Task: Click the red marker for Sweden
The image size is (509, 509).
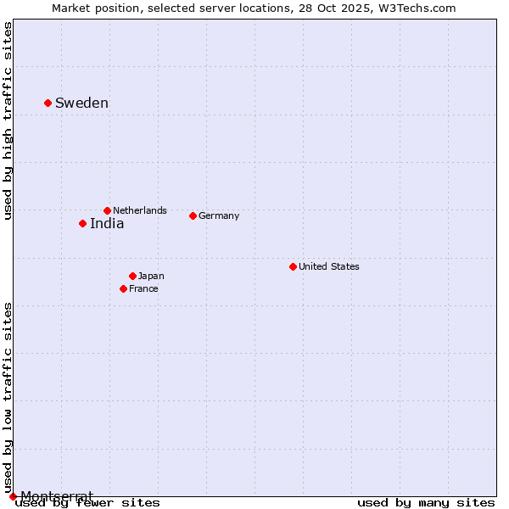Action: (48, 103)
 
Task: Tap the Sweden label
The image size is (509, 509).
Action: (81, 103)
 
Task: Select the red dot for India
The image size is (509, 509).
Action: (82, 223)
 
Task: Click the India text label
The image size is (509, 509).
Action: (107, 224)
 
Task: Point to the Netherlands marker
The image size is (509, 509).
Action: (107, 210)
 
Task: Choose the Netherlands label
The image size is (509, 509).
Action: (140, 210)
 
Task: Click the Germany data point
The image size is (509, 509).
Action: (193, 215)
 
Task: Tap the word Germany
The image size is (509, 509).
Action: (219, 215)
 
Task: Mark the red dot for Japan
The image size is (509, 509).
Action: (132, 276)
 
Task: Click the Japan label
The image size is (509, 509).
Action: (151, 276)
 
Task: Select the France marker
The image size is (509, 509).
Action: (123, 288)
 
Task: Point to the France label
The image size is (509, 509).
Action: (143, 288)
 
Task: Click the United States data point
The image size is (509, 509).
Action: (293, 266)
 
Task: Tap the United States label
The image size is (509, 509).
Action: (329, 266)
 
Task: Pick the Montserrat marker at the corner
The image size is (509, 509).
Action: (13, 496)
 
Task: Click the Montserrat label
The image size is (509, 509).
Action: (57, 495)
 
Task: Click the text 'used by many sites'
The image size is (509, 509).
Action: (426, 502)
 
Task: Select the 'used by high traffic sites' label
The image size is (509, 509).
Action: (8, 121)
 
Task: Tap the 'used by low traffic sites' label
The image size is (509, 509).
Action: (8, 397)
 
